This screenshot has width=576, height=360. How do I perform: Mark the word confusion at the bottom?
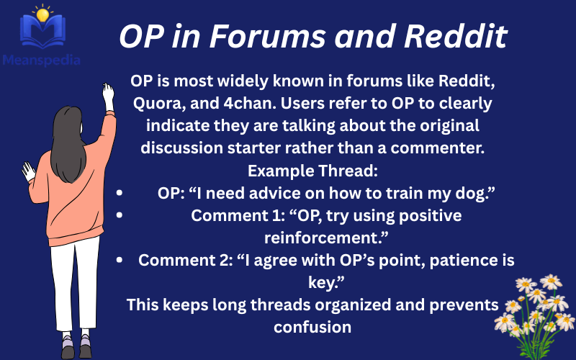[x=312, y=326]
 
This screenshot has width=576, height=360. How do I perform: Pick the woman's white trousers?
[x=75, y=288]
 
